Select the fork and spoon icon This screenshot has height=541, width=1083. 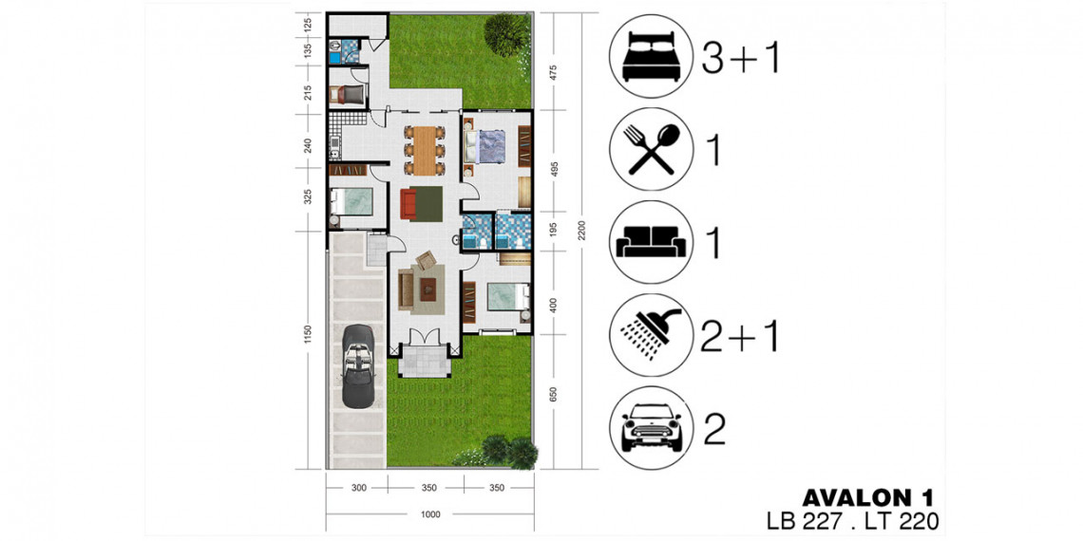(x=653, y=149)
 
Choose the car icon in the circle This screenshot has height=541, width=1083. (x=653, y=429)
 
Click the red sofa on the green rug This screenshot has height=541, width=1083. (x=408, y=203)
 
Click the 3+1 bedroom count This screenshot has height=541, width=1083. (x=740, y=58)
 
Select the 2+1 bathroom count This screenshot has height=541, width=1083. (x=740, y=336)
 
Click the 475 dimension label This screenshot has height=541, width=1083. (x=553, y=72)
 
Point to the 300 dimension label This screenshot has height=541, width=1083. (x=358, y=488)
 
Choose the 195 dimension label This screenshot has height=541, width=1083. (x=553, y=232)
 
